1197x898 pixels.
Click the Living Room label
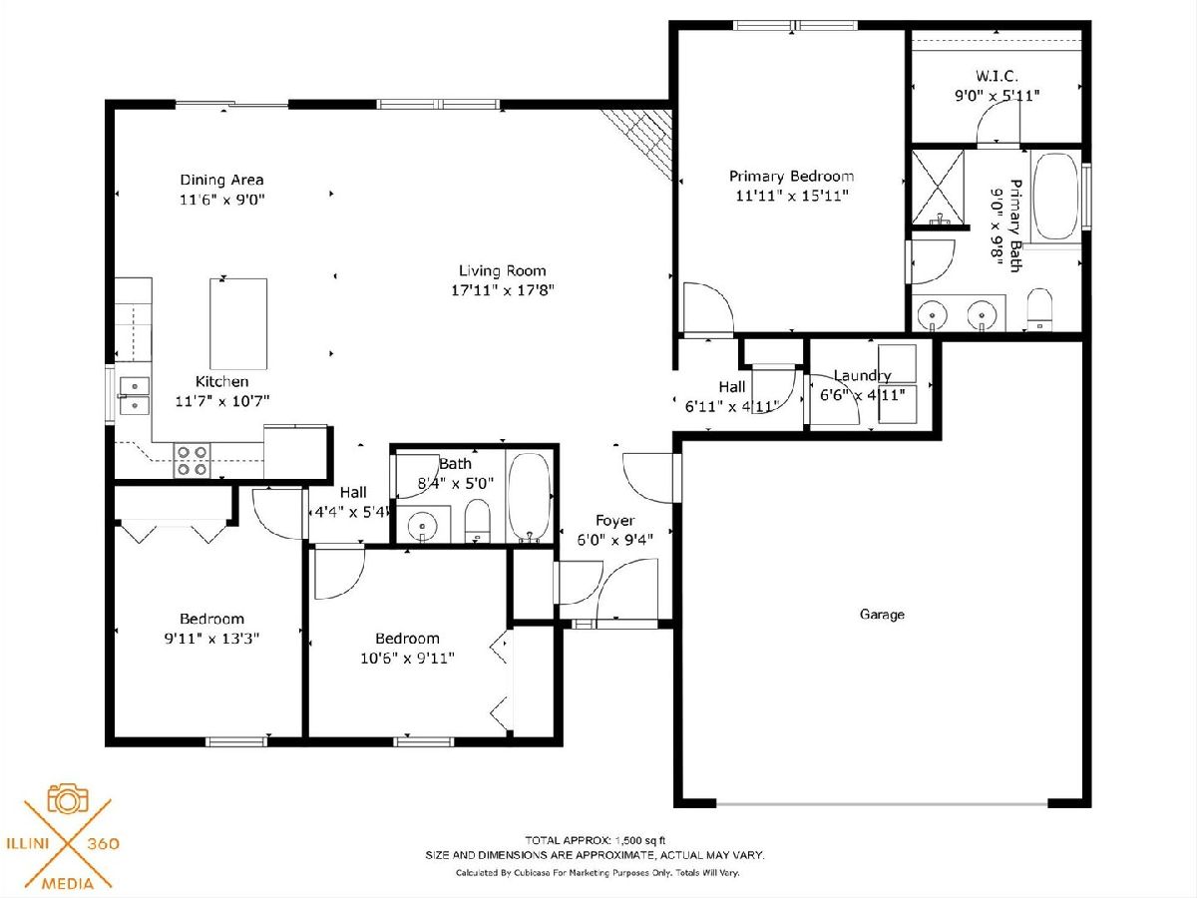503,271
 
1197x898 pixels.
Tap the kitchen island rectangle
238,324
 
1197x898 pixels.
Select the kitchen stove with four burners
192,461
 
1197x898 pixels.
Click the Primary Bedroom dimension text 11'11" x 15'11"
792,196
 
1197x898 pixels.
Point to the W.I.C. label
997,76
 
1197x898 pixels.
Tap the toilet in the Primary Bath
1038,309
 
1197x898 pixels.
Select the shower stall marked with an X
938,187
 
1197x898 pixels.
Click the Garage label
882,615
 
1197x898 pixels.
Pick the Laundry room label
862,376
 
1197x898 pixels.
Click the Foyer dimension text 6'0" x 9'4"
615,540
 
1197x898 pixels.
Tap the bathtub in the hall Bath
529,497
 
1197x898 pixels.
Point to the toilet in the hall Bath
478,521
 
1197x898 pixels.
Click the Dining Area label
222,180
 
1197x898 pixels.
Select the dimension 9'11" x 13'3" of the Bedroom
211,638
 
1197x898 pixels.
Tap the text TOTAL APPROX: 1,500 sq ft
595,840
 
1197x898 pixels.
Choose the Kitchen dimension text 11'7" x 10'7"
222,401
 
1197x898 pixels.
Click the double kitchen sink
134,396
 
